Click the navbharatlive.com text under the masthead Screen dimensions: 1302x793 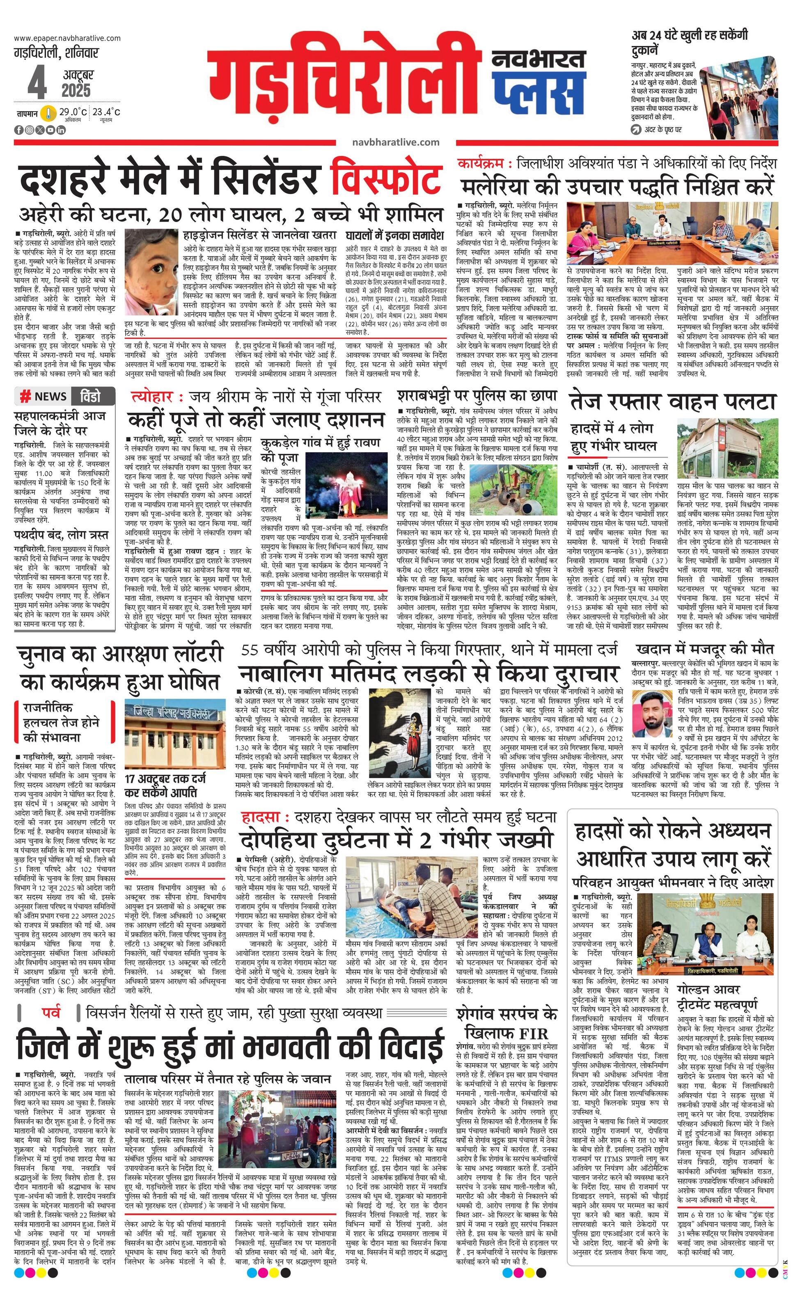395,142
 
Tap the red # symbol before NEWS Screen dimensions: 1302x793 25,396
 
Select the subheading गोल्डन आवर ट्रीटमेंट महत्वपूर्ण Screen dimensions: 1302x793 717,995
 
